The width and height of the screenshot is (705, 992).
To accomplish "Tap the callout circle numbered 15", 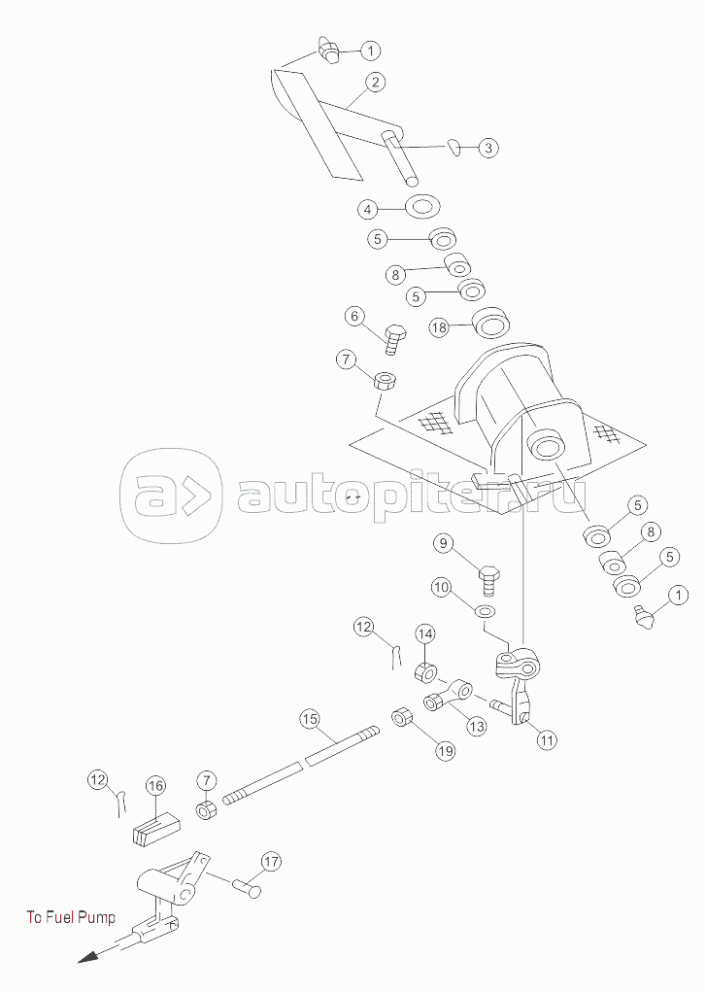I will click(x=309, y=719).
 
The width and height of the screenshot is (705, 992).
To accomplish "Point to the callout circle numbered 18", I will click(x=439, y=327).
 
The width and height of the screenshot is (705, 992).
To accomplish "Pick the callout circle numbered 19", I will click(x=444, y=749).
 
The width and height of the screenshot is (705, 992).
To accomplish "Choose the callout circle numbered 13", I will click(x=476, y=724).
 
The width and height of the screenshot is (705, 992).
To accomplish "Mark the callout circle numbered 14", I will click(x=424, y=634).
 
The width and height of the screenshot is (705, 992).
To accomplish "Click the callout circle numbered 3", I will click(x=488, y=148).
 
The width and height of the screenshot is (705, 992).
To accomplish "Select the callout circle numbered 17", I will click(x=270, y=861).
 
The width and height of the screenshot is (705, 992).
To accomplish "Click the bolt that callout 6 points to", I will click(x=395, y=339).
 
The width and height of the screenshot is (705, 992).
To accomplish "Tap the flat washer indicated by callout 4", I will click(x=421, y=207).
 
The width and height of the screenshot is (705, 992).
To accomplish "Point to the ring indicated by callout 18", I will click(x=490, y=323).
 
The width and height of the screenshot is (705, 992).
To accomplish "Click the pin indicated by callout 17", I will click(x=248, y=886).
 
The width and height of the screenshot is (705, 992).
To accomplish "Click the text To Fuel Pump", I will click(x=71, y=917).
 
